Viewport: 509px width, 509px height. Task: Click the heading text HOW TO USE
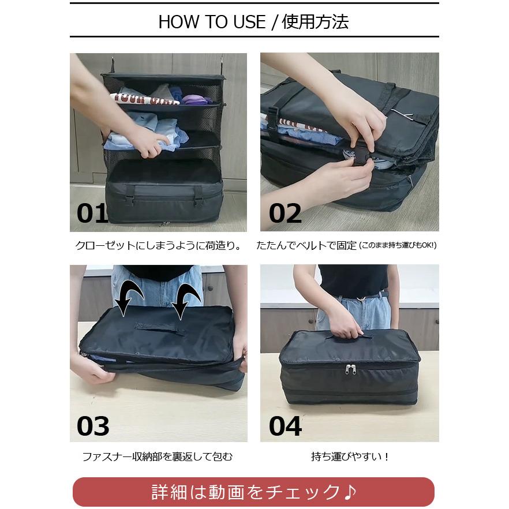pyautogui.click(x=212, y=22)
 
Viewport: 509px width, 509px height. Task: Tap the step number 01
pyautogui.click(x=92, y=213)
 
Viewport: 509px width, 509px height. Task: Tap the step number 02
pyautogui.click(x=285, y=213)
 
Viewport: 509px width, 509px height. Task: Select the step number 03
pyautogui.click(x=93, y=426)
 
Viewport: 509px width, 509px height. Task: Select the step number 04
pyautogui.click(x=285, y=426)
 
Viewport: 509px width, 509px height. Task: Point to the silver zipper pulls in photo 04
pyautogui.click(x=350, y=369)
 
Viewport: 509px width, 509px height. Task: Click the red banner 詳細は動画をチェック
pyautogui.click(x=253, y=492)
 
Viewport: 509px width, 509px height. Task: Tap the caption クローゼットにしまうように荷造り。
pyautogui.click(x=159, y=245)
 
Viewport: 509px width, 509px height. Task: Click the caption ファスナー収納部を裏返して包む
pyautogui.click(x=158, y=457)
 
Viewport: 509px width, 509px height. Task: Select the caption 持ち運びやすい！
pyautogui.click(x=350, y=457)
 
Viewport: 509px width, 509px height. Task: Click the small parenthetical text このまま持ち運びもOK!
pyautogui.click(x=398, y=246)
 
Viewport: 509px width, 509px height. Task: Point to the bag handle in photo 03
pyautogui.click(x=160, y=328)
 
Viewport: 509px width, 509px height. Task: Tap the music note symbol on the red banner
pyautogui.click(x=350, y=492)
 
